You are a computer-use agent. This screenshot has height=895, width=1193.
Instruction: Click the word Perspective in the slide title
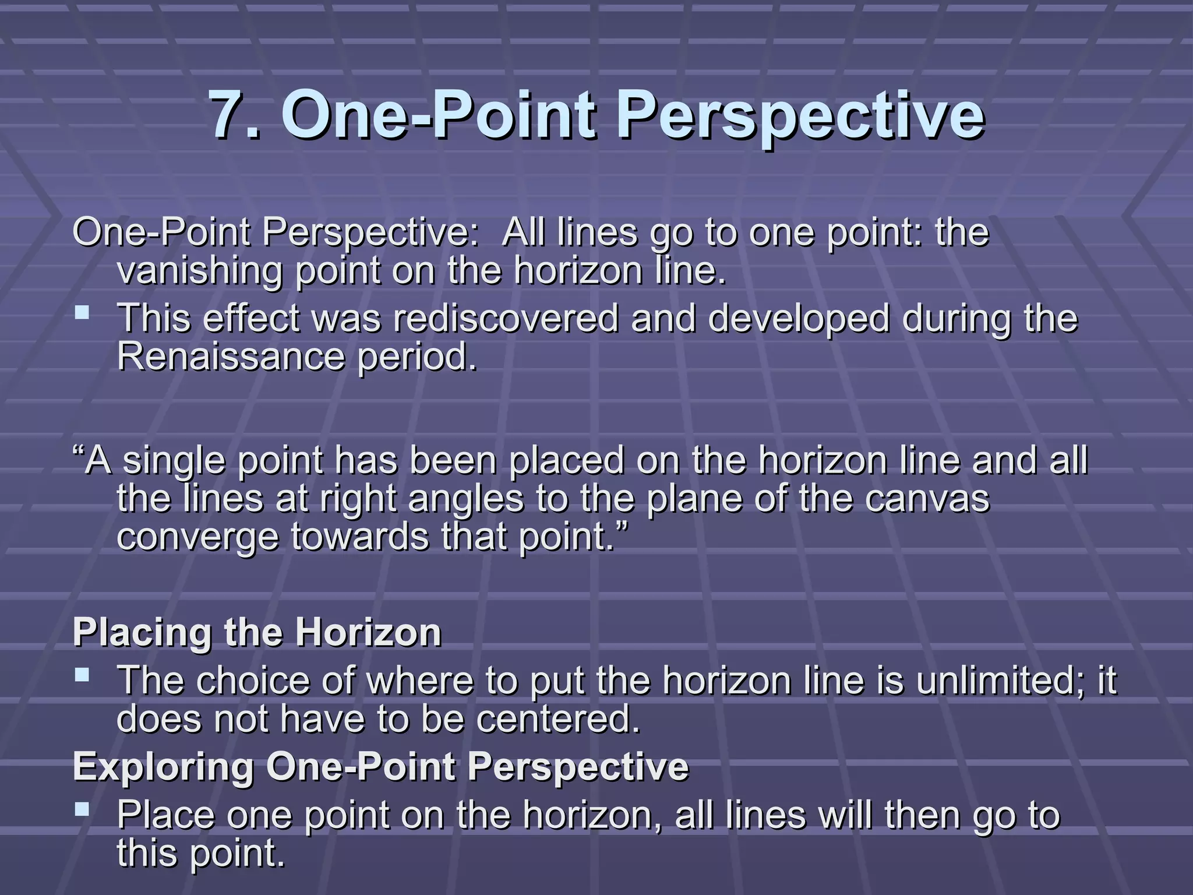tap(800, 117)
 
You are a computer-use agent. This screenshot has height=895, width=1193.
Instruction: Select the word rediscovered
tap(506, 319)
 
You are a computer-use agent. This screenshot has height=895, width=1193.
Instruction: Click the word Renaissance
tap(231, 357)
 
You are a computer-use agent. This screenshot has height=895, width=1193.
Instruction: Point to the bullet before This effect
tap(83, 314)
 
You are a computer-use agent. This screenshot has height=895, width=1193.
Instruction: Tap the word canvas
tap(927, 499)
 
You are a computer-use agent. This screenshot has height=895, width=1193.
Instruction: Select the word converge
tap(197, 537)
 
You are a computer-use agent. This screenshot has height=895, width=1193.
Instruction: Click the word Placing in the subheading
tap(142, 632)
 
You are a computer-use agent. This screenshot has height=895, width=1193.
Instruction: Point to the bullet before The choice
tap(83, 676)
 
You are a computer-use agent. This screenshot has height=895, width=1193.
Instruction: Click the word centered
tap(557, 718)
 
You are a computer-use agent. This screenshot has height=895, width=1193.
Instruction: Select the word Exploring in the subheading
tap(164, 767)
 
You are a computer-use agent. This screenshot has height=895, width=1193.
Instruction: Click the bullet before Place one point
tap(83, 809)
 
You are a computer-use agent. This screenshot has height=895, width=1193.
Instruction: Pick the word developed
tap(799, 319)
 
